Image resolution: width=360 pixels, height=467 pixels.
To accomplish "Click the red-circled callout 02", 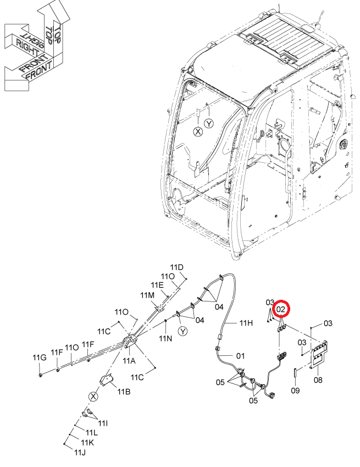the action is [280, 310].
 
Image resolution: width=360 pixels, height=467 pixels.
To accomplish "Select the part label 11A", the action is [129, 361].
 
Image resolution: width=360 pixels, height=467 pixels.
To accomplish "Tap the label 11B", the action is [124, 391].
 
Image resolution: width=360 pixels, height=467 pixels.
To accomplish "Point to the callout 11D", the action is [177, 267].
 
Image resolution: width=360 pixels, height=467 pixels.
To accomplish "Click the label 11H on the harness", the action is [246, 322].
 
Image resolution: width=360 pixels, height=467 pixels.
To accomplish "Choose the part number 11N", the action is [165, 338].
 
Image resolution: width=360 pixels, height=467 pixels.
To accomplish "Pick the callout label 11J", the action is [80, 452].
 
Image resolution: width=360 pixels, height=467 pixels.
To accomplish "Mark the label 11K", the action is [87, 443].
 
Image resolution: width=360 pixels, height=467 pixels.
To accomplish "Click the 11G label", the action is [40, 358].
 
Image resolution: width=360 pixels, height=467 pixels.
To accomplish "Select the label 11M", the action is [147, 295].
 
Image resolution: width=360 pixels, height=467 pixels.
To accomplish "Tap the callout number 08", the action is [318, 380].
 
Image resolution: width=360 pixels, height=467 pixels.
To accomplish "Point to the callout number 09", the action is [295, 390].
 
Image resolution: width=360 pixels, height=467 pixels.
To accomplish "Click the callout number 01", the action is [240, 355].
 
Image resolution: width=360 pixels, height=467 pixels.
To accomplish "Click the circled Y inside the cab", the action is [209, 123].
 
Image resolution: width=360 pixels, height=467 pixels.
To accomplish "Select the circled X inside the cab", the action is [198, 131].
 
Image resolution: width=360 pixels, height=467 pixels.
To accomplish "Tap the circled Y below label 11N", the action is [183, 331].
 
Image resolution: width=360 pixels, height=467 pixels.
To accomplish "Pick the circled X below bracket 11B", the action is [93, 397].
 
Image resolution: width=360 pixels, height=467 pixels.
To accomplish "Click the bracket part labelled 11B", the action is [107, 380].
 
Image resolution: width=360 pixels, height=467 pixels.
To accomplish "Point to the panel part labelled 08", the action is [319, 354].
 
